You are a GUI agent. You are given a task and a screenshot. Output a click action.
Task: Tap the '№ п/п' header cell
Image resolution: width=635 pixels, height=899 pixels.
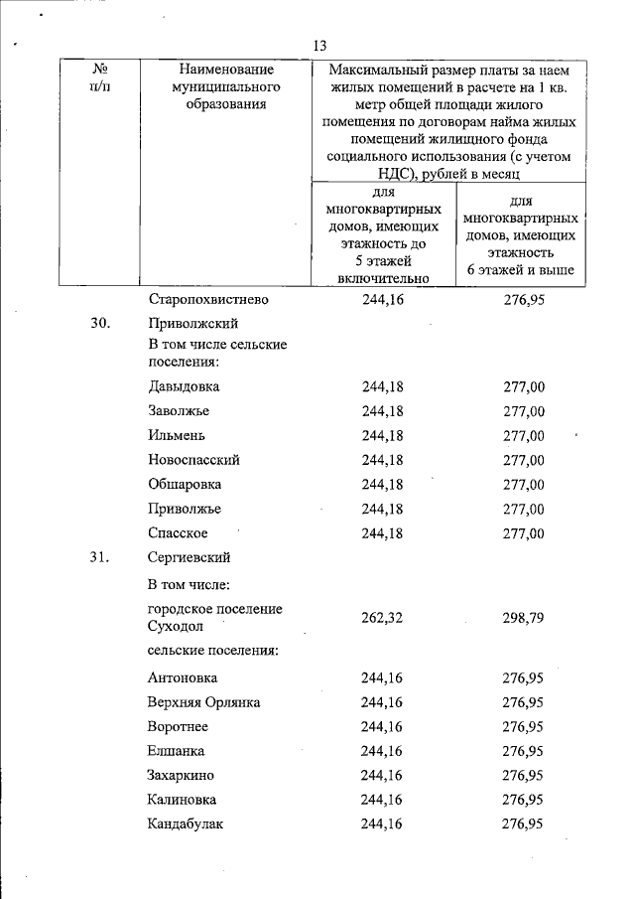pyautogui.click(x=99, y=78)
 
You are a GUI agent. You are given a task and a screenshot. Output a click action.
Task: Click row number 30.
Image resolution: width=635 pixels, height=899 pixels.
pyautogui.click(x=92, y=324)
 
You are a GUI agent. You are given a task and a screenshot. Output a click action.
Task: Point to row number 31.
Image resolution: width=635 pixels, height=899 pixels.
pyautogui.click(x=92, y=557)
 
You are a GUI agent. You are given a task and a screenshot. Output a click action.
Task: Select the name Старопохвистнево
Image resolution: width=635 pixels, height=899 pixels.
pyautogui.click(x=209, y=299)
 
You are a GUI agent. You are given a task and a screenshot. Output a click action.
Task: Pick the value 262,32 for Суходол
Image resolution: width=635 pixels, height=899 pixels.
pyautogui.click(x=382, y=617)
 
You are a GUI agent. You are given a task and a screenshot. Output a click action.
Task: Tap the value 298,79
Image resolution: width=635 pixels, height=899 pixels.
pyautogui.click(x=524, y=617)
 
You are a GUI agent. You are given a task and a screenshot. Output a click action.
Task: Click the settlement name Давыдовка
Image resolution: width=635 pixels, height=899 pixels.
pyautogui.click(x=184, y=386)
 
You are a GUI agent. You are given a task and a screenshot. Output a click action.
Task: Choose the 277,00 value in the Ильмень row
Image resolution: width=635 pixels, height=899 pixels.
pyautogui.click(x=524, y=436)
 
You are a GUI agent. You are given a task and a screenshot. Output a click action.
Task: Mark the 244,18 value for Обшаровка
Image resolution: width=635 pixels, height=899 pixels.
pyautogui.click(x=382, y=485)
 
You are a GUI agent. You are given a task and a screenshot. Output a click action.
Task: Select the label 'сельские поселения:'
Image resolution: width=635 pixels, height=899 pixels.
pyautogui.click(x=211, y=651)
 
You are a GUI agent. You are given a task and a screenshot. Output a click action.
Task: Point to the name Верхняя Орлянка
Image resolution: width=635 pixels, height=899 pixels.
pyautogui.click(x=203, y=702)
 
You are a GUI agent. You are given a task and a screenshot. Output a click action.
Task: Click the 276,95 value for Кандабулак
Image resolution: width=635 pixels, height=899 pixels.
pyautogui.click(x=524, y=824)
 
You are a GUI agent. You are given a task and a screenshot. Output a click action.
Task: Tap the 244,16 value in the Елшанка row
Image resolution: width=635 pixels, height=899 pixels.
pyautogui.click(x=382, y=751)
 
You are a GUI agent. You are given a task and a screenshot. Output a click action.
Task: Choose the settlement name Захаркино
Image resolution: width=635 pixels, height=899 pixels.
pyautogui.click(x=182, y=775)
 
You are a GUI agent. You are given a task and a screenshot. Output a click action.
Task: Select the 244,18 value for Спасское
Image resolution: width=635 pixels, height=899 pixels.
pyautogui.click(x=382, y=533)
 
